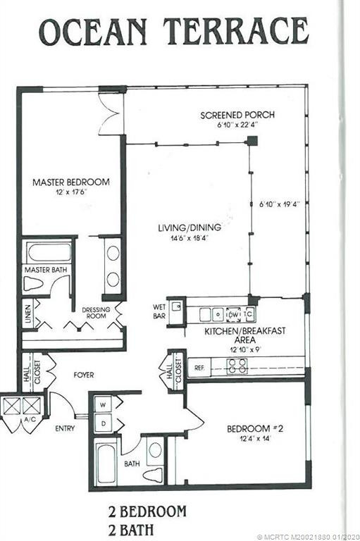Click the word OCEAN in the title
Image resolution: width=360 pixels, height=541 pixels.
(93, 32)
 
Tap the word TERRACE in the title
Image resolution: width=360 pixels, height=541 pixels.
(236, 32)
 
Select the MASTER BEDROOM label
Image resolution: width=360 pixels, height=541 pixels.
(71, 182)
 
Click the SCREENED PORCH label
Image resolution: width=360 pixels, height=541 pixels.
(237, 115)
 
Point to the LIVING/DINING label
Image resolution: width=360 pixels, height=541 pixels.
(190, 228)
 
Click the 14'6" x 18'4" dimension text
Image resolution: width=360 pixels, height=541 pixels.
(190, 237)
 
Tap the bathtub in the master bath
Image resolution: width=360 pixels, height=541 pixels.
(49, 253)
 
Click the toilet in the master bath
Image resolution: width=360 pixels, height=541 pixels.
(33, 284)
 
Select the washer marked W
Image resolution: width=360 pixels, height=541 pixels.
(103, 405)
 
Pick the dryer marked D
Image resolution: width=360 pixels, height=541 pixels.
(103, 423)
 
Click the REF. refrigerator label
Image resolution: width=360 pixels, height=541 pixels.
(199, 368)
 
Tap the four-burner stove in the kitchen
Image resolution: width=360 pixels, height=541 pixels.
(237, 366)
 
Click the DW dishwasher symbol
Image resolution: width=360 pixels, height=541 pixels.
(234, 314)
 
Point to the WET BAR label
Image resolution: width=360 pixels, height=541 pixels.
(159, 311)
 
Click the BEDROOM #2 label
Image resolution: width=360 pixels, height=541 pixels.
(255, 429)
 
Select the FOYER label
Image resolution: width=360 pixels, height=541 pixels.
(84, 375)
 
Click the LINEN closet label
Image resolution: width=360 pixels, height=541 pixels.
(28, 313)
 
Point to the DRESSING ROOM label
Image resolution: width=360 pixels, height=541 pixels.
(96, 313)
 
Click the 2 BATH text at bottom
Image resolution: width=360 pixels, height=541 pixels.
(131, 530)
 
